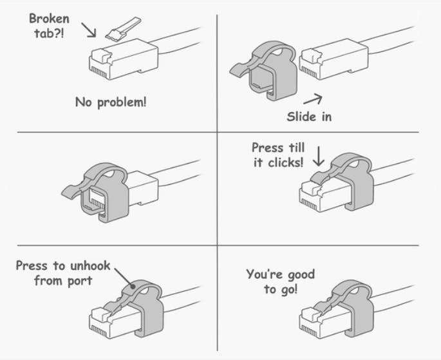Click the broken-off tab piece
(123, 29)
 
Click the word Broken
(49, 19)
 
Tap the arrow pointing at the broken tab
(89, 30)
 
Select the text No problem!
(111, 102)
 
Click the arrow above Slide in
(313, 99)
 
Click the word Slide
(301, 117)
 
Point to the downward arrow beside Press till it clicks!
(319, 156)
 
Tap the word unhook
(90, 266)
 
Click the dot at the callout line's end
(133, 287)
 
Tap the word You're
(264, 274)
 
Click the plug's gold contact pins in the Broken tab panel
(99, 73)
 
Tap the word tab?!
(49, 33)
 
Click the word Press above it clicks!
(267, 147)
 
